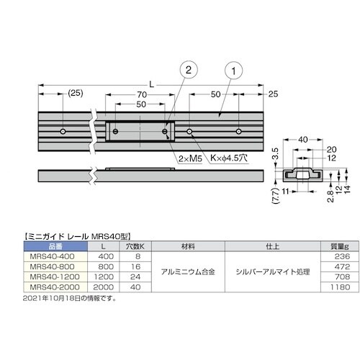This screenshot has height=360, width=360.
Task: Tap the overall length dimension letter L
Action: tap(151, 84)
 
